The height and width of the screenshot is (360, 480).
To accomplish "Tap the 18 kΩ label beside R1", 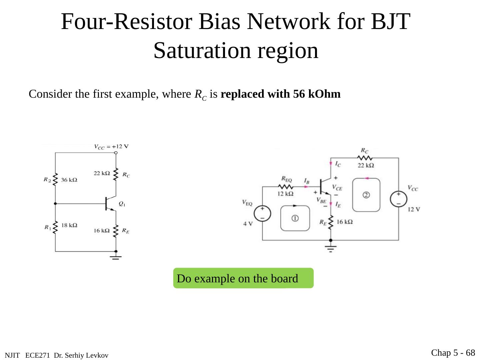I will (x=69, y=225).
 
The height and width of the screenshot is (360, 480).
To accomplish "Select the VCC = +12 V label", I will (x=111, y=146).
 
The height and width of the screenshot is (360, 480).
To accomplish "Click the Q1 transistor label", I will (x=122, y=204).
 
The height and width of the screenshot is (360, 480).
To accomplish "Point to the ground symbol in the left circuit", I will (x=116, y=257).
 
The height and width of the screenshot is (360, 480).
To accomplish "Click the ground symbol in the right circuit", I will (x=331, y=249).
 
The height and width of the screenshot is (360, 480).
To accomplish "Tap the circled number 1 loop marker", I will (x=295, y=218).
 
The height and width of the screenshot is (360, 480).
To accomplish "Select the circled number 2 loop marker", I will (x=366, y=195).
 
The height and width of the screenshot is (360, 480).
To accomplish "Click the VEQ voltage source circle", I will (x=262, y=213).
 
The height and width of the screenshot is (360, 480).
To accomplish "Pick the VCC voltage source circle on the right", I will (x=399, y=199).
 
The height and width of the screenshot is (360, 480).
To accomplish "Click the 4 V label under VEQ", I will (x=248, y=224).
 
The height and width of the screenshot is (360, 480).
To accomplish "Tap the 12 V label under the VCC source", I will (x=414, y=209).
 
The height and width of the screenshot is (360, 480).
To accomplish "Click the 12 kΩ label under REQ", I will (x=286, y=194).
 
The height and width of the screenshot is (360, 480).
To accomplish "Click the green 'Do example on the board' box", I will (x=243, y=278).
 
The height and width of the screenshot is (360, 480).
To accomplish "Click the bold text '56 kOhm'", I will (x=317, y=94).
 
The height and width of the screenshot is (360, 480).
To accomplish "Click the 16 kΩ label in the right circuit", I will (x=345, y=222).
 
